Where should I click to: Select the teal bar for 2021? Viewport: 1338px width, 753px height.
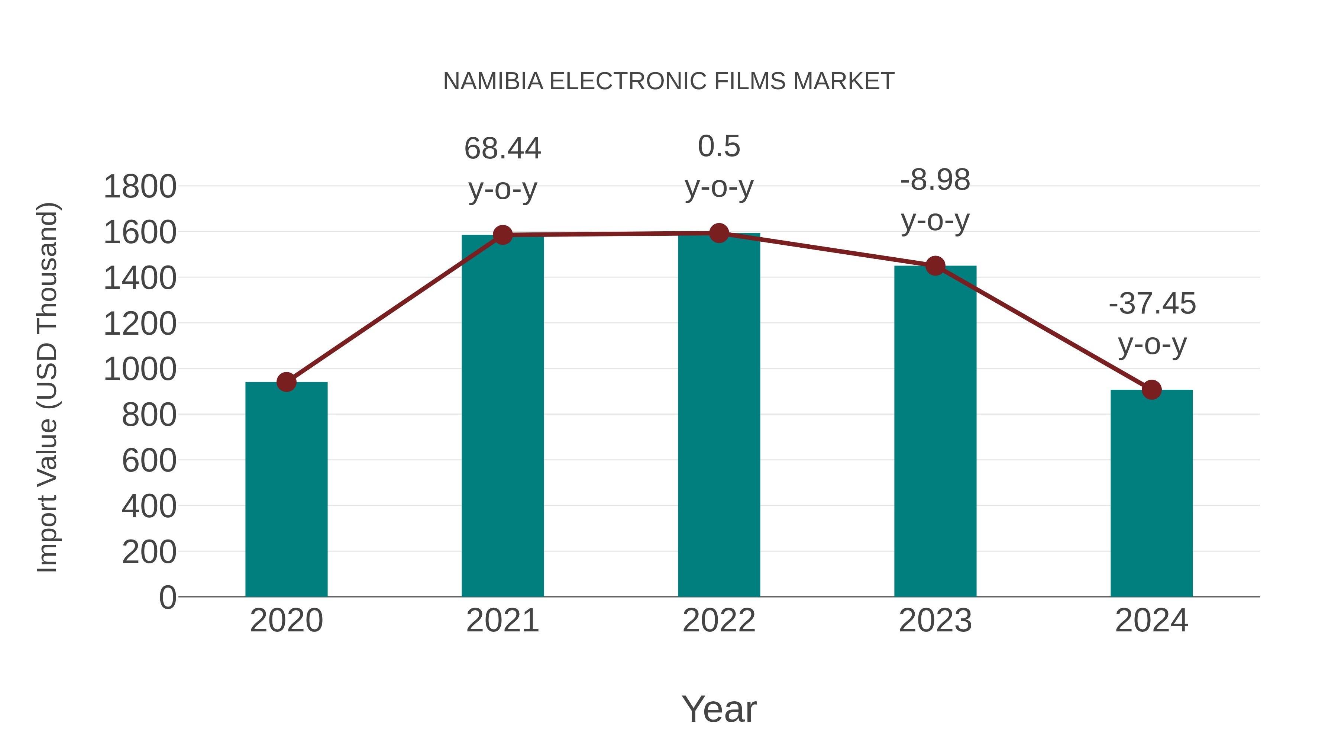pyautogui.click(x=502, y=416)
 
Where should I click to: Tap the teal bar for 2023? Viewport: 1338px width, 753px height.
pyautogui.click(x=935, y=431)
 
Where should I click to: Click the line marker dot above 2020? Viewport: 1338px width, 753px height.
pyautogui.click(x=286, y=382)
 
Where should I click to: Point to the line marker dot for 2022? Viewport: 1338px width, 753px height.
pyautogui.click(x=719, y=233)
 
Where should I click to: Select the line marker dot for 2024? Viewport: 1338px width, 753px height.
pyautogui.click(x=1151, y=389)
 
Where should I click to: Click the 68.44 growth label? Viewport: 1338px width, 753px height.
pyautogui.click(x=502, y=149)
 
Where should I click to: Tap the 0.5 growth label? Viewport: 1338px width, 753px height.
pyautogui.click(x=719, y=146)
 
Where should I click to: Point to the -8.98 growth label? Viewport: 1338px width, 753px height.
pyautogui.click(x=935, y=180)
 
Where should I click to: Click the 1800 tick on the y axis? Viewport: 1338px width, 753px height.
pyautogui.click(x=140, y=187)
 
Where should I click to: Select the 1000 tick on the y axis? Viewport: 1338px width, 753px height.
pyautogui.click(x=140, y=370)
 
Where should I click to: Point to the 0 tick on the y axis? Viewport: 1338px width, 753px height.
pyautogui.click(x=167, y=597)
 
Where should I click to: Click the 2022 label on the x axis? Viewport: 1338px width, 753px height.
pyautogui.click(x=719, y=621)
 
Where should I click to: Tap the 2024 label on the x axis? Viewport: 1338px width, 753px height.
pyautogui.click(x=1151, y=621)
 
